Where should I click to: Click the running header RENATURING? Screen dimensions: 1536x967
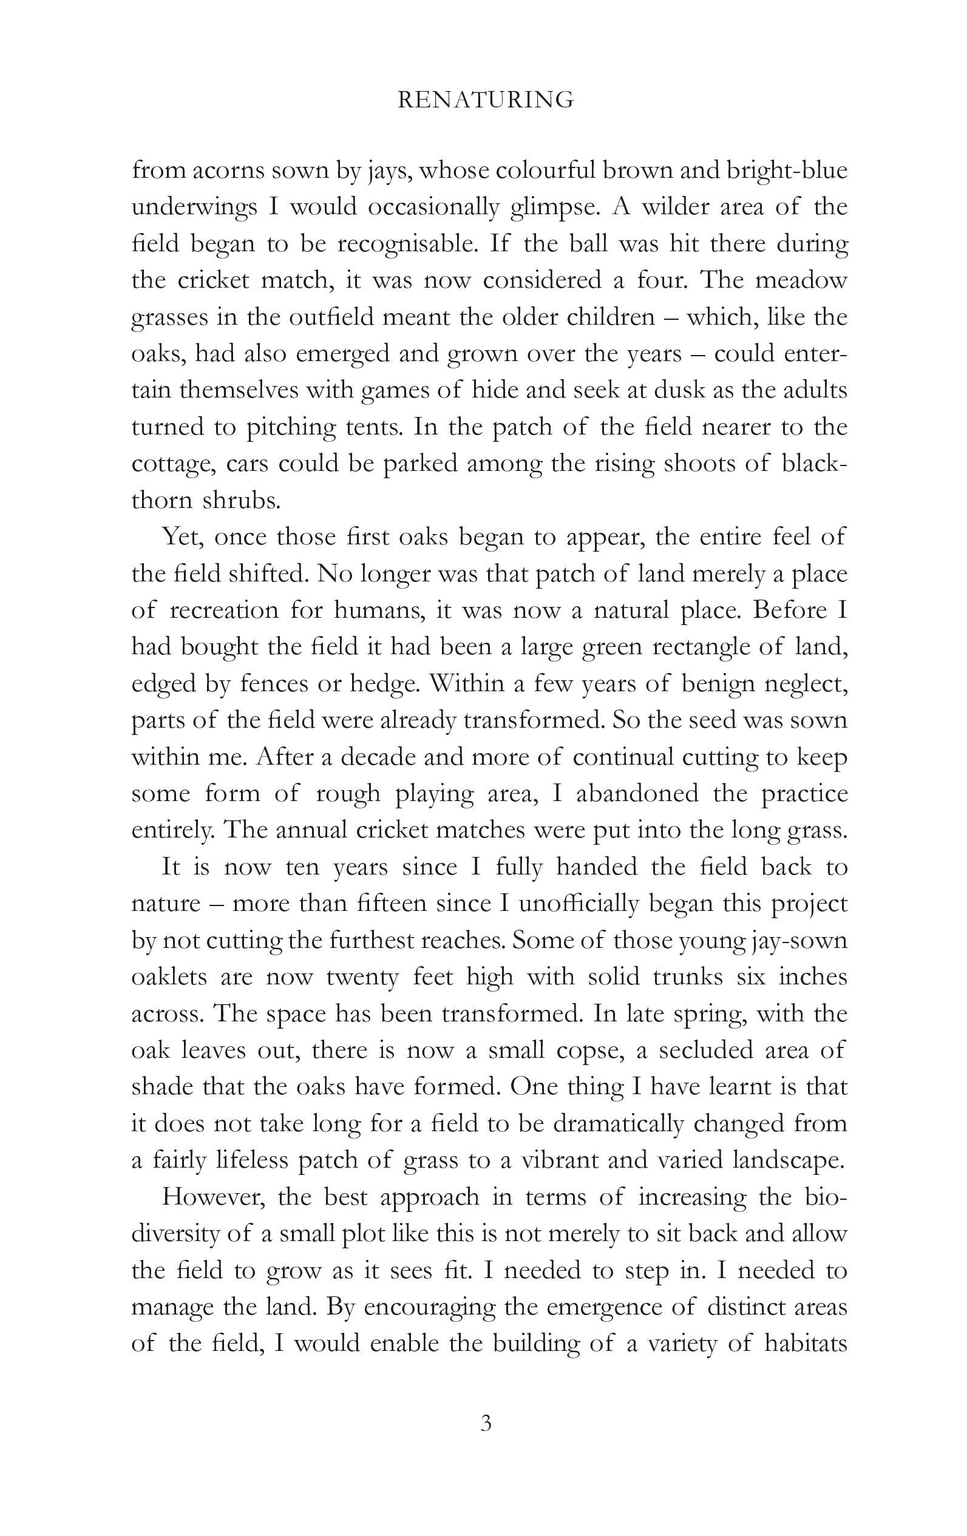pos(486,100)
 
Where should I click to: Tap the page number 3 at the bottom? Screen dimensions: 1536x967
pos(486,1423)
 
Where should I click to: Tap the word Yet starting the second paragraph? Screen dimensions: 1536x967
pos(181,537)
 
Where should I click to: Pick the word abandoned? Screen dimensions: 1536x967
pos(637,794)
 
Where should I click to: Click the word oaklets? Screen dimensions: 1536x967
pos(169,977)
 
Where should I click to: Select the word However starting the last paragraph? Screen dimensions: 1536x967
pos(214,1197)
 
